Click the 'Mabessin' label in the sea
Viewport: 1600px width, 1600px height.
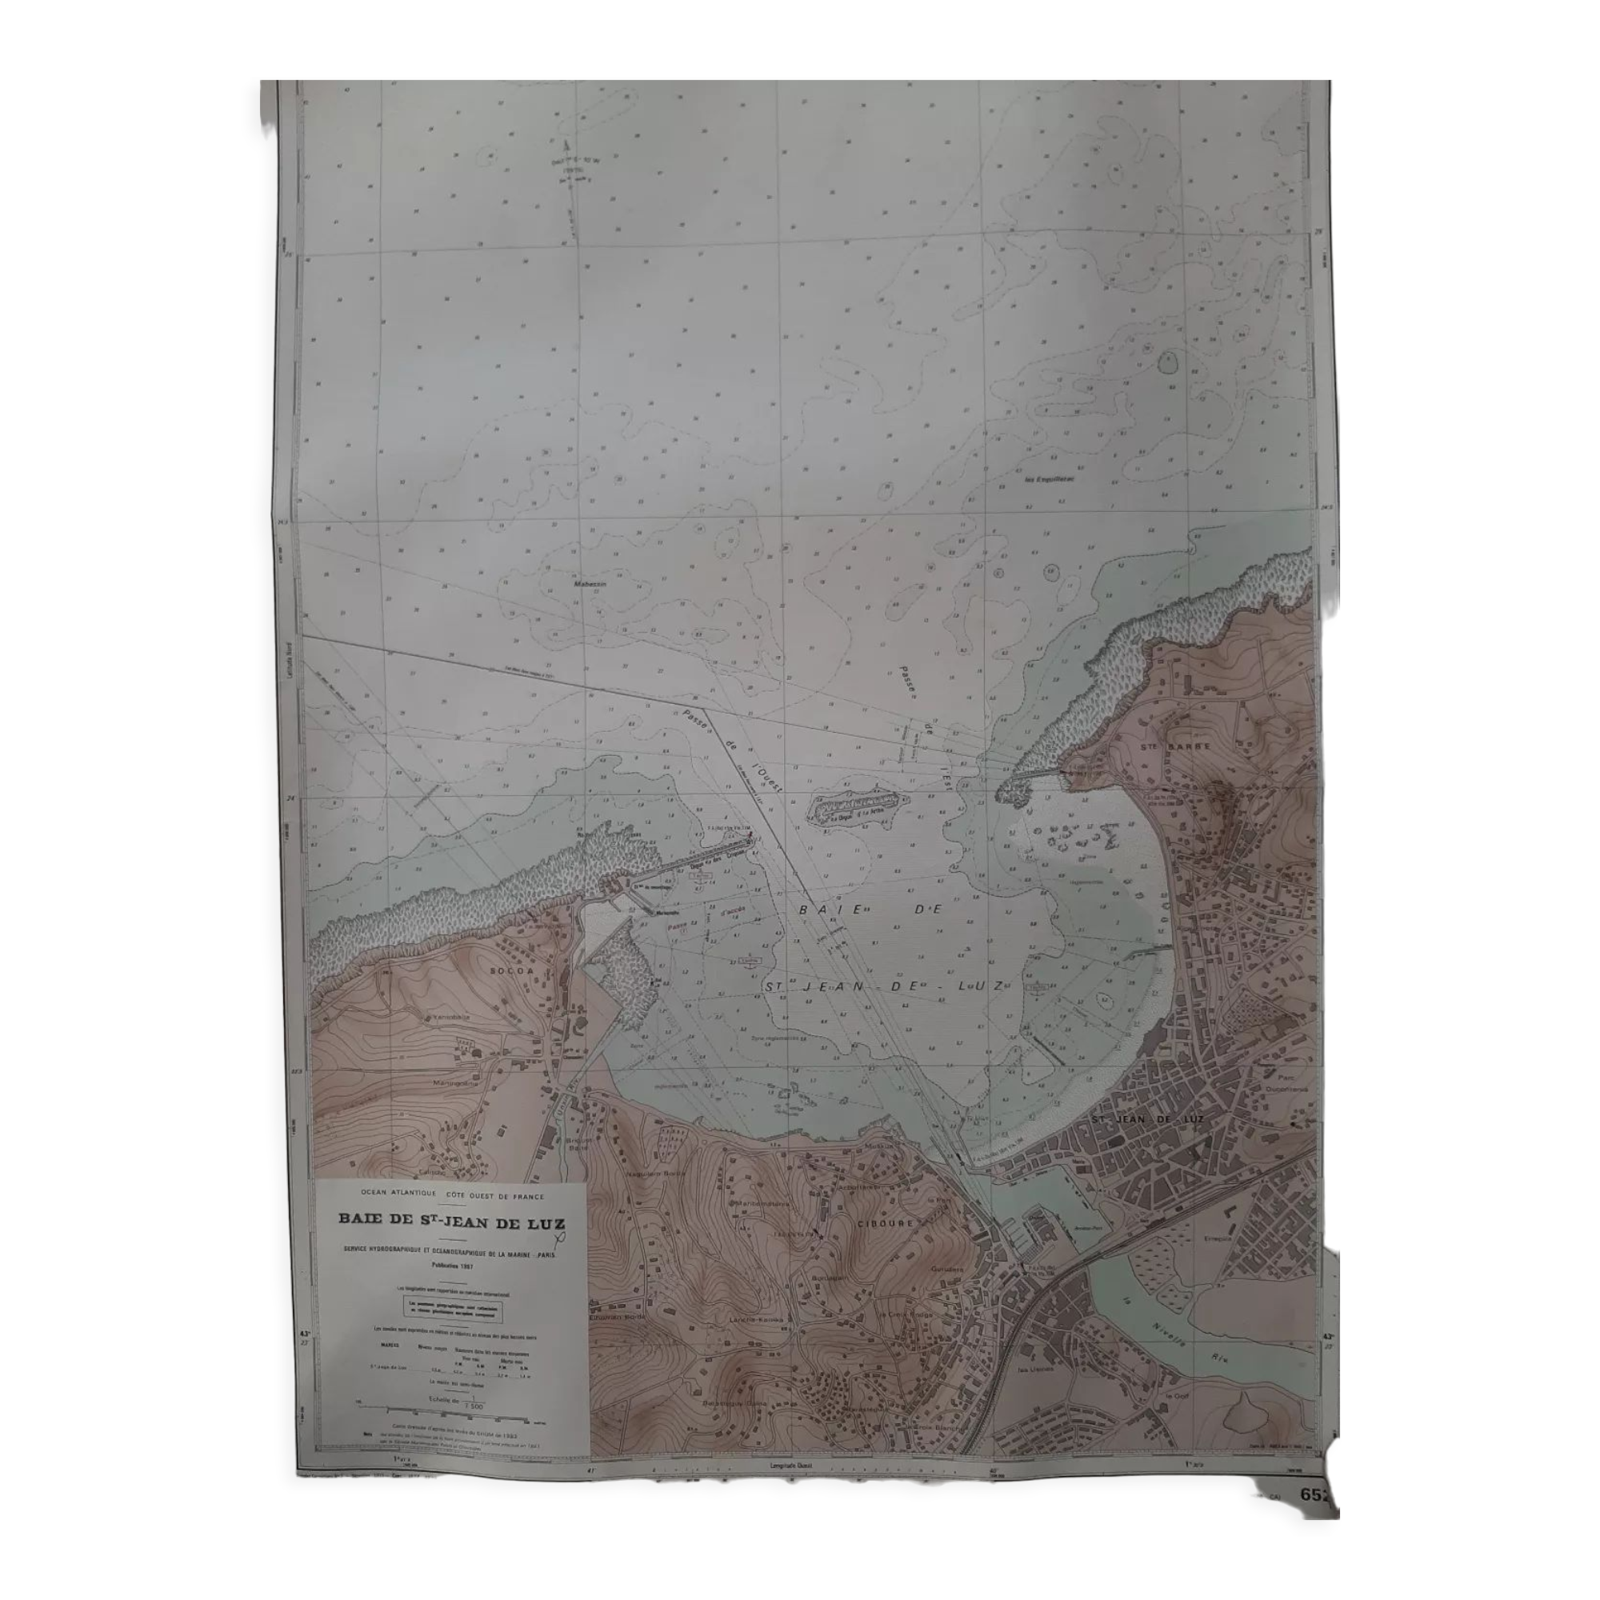[590, 584]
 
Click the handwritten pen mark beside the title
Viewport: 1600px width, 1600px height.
[563, 1237]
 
